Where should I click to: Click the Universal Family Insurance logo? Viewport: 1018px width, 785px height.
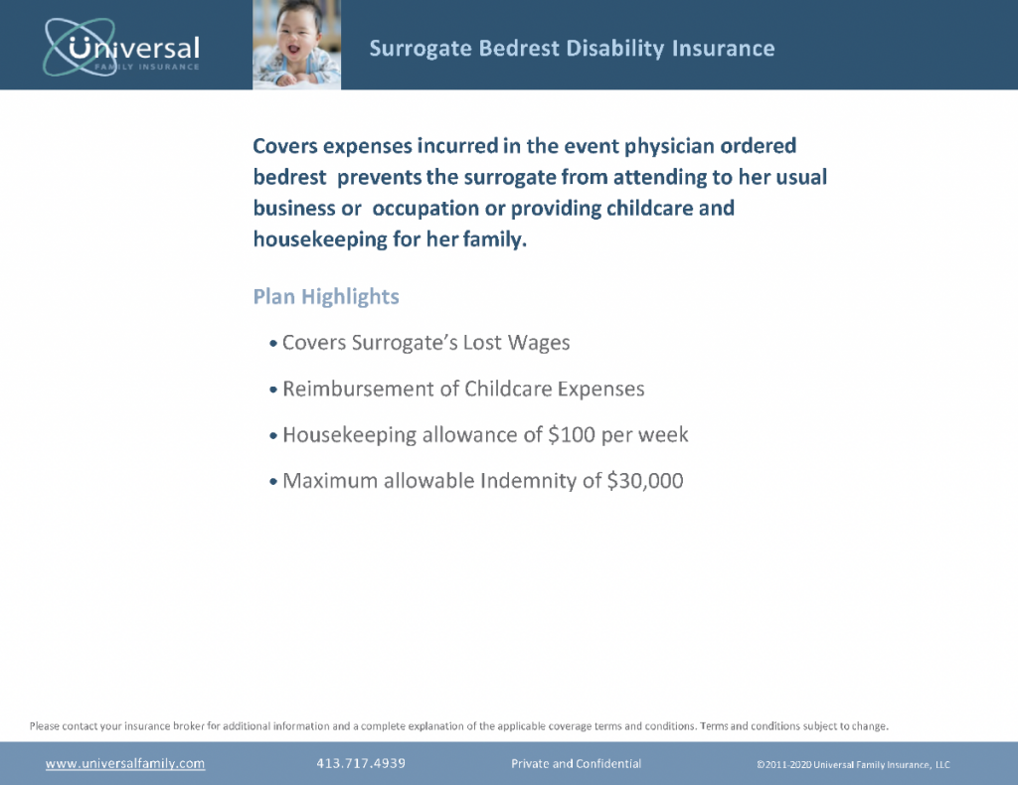(x=121, y=47)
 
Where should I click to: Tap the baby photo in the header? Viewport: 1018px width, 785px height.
(x=296, y=45)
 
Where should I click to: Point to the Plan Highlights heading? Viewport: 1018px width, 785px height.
(x=326, y=297)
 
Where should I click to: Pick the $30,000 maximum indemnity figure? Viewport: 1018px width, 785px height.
(x=645, y=481)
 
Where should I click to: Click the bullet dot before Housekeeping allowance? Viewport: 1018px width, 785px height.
(x=273, y=436)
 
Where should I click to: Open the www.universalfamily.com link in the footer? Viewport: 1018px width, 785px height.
(x=125, y=764)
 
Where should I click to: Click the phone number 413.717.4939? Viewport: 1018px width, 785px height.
(x=361, y=764)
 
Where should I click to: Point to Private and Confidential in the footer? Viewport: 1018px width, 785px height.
(x=576, y=764)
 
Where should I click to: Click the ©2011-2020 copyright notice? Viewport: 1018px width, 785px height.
(x=853, y=764)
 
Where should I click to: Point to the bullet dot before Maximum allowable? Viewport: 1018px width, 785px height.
(x=273, y=482)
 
